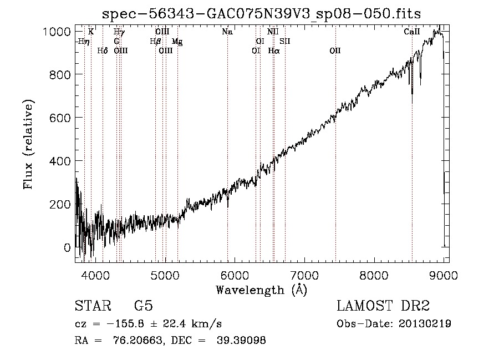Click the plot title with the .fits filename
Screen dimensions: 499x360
261,14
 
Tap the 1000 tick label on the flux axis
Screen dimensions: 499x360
57,32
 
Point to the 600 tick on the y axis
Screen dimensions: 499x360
60,118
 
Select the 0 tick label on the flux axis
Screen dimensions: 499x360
67,247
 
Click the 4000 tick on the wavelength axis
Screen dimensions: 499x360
95,275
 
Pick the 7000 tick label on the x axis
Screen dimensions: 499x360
304,275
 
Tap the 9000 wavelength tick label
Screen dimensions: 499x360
444,275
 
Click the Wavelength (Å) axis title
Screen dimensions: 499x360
262,290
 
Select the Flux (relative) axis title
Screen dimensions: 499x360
28,144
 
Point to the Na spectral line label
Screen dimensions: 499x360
227,32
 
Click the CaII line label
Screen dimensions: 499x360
412,32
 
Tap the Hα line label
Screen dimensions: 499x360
274,50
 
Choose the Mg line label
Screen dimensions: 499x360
177,42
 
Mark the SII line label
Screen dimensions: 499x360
285,41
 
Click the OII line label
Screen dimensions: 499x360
335,50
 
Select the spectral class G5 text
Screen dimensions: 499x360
144,306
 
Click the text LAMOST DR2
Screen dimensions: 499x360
383,306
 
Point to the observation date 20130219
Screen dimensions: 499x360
425,323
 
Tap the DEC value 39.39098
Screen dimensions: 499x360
241,340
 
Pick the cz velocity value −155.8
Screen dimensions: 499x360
125,324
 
